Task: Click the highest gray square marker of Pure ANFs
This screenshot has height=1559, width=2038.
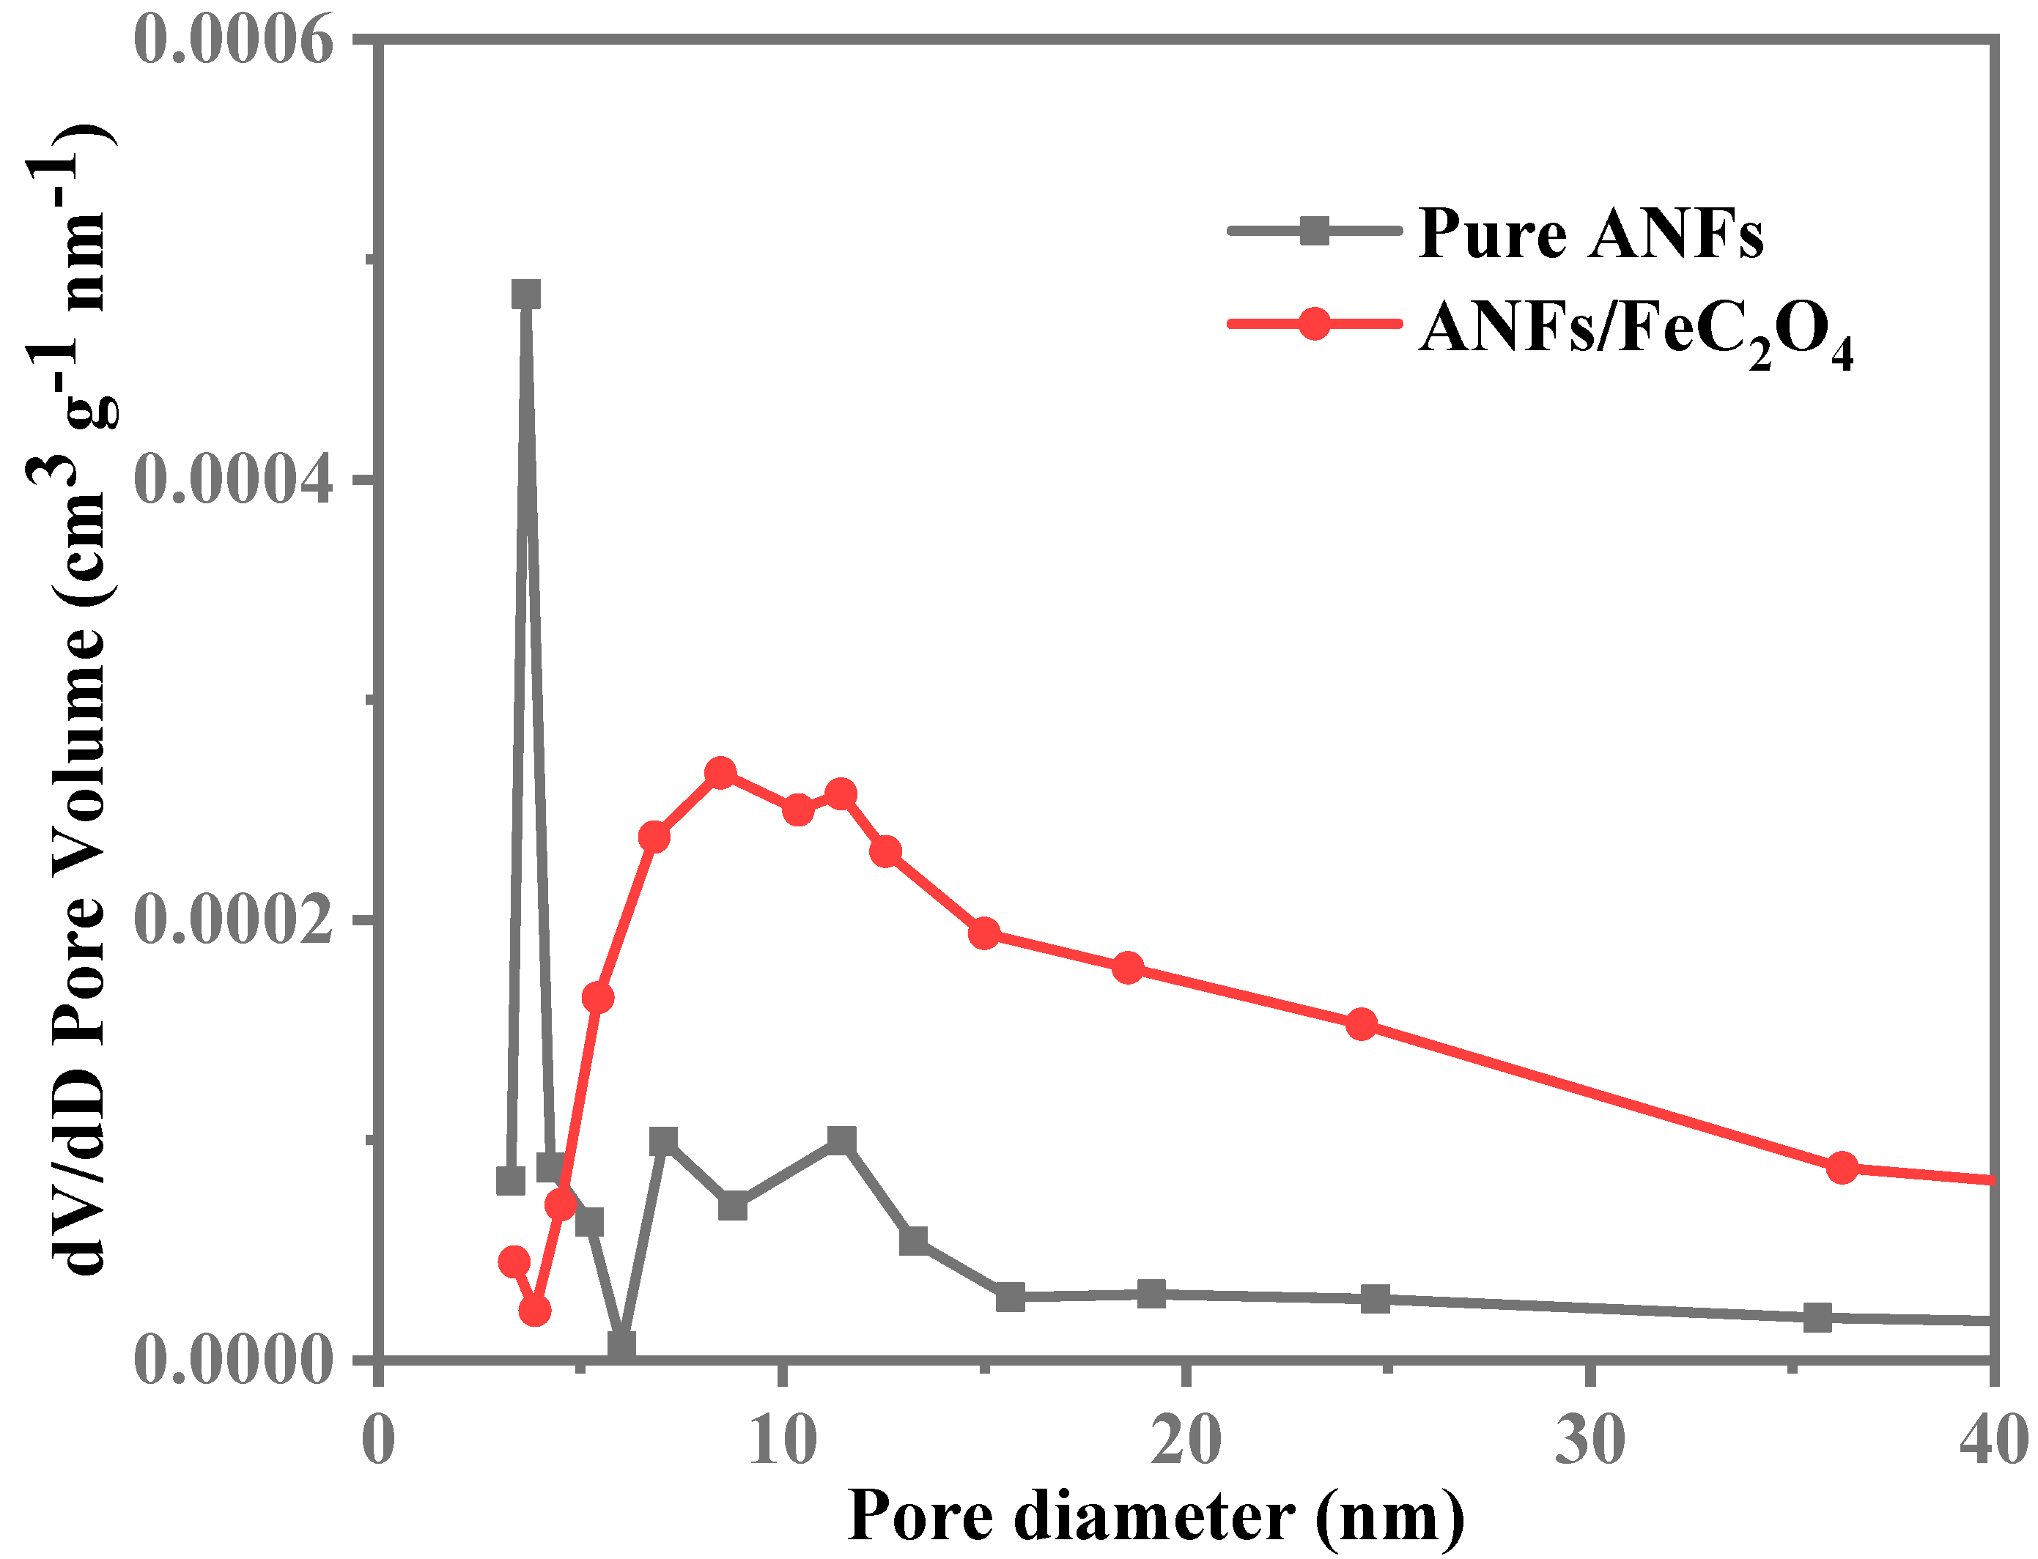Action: (x=526, y=295)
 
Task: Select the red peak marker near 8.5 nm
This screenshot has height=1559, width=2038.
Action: (x=720, y=773)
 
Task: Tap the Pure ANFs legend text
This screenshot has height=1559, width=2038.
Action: (x=1590, y=234)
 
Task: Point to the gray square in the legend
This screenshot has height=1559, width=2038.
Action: (x=1313, y=230)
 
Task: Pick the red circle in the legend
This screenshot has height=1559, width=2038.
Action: (x=1313, y=324)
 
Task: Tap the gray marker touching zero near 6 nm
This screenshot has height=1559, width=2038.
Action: (x=621, y=1344)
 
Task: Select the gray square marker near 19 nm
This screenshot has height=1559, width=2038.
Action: (x=1151, y=1294)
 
